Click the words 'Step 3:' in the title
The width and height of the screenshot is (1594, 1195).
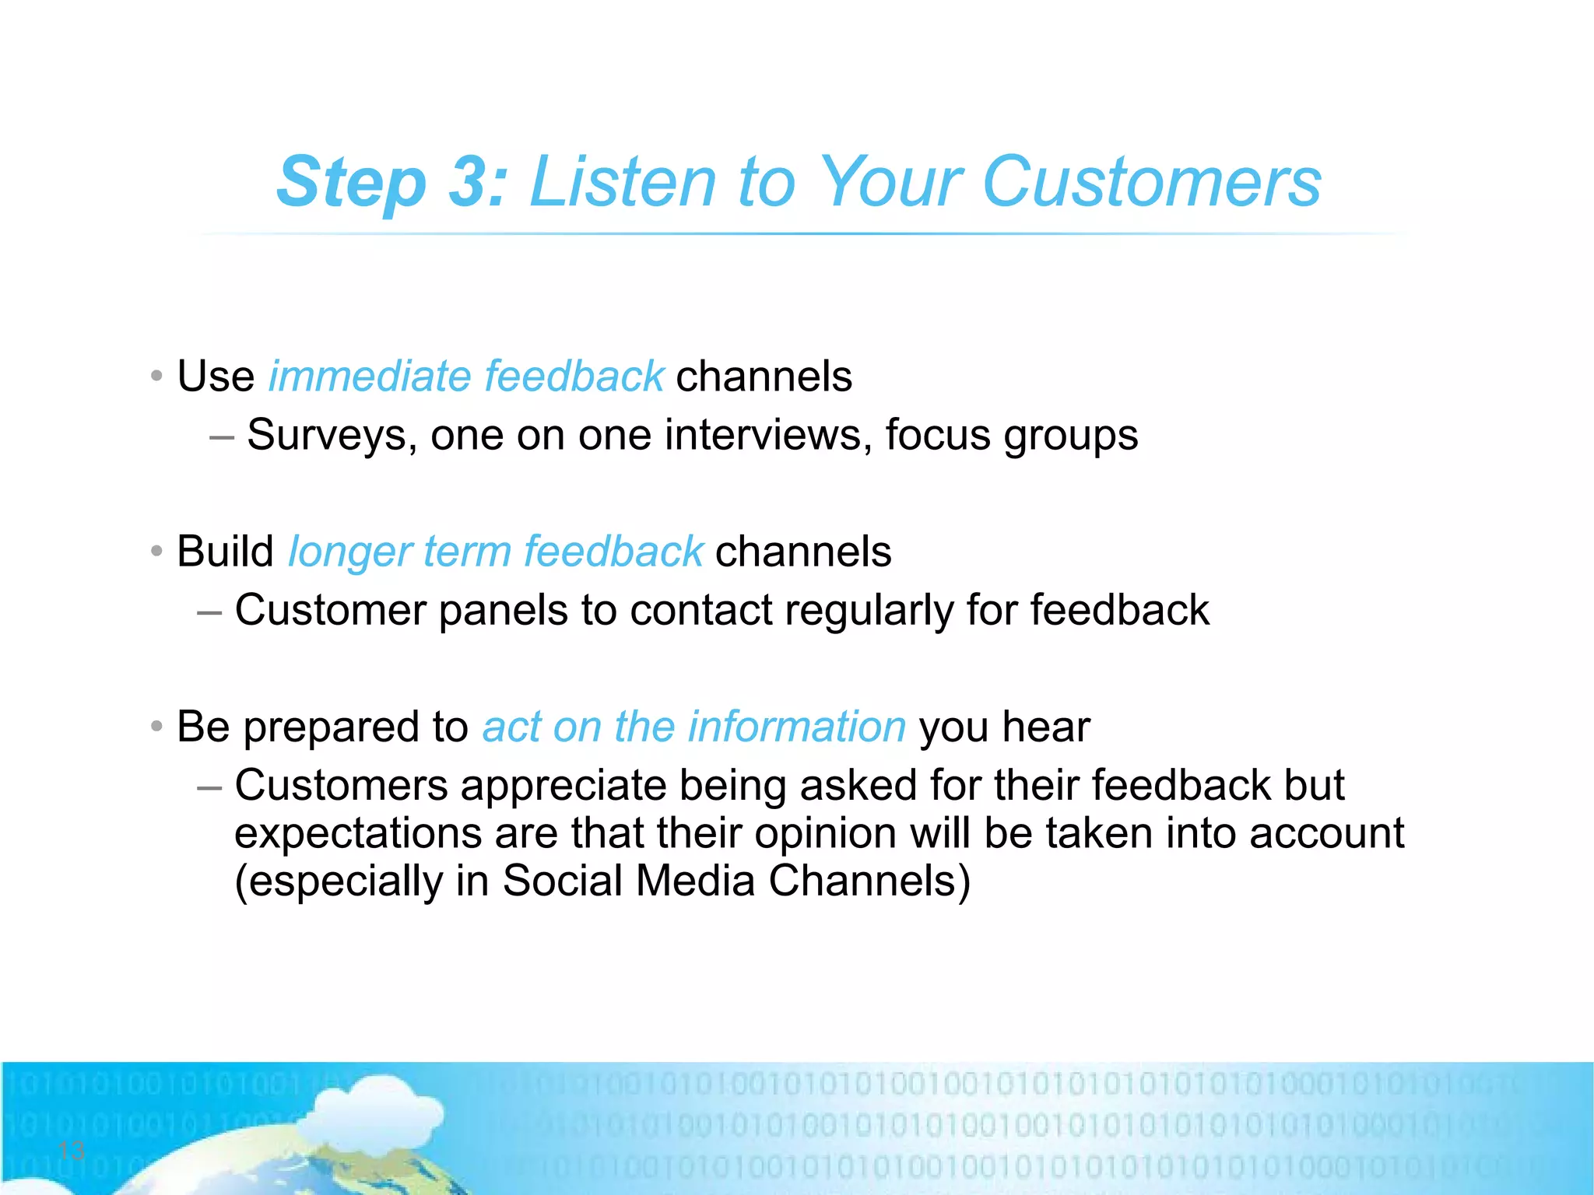(x=391, y=183)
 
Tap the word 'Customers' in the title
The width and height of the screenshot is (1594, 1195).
(x=1151, y=183)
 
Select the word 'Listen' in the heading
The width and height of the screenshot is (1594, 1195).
(x=622, y=183)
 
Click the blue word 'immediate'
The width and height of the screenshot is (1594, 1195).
(x=369, y=377)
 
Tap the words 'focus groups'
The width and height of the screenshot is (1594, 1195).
(x=1011, y=436)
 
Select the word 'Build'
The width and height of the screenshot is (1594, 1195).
(x=225, y=552)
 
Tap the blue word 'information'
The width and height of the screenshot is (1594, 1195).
(x=797, y=727)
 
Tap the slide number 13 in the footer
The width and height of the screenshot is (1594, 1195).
(x=71, y=1150)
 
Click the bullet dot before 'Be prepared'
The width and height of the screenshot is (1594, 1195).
(x=156, y=727)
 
